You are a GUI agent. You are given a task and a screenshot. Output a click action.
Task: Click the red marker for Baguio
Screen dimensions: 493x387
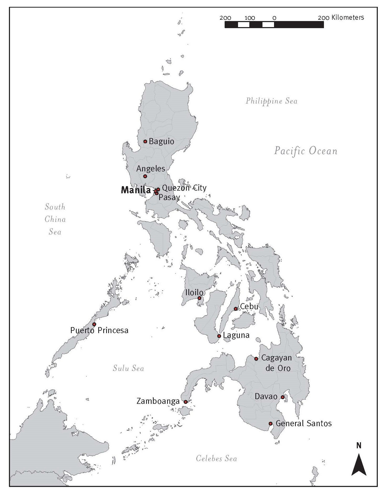click(x=145, y=141)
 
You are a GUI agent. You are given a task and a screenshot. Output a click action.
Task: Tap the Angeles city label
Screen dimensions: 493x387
click(x=151, y=169)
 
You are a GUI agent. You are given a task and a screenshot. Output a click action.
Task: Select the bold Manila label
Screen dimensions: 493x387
click(x=136, y=190)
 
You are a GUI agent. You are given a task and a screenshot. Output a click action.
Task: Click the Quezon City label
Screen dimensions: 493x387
click(x=184, y=188)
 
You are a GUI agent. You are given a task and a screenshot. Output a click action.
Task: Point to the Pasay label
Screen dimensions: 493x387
click(x=169, y=197)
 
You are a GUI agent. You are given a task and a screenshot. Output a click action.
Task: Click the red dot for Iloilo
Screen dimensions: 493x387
click(x=199, y=298)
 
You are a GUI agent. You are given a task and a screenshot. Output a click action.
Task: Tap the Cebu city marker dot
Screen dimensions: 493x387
click(x=236, y=309)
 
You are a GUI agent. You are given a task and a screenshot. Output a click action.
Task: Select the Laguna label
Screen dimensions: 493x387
click(x=236, y=335)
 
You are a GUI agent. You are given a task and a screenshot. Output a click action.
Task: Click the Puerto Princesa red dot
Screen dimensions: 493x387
click(x=94, y=324)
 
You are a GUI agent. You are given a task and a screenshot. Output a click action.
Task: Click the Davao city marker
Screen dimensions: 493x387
click(x=282, y=397)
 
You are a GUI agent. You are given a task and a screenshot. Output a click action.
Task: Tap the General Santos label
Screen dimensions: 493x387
click(x=303, y=423)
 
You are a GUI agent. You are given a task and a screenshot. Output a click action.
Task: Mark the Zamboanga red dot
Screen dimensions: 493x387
click(x=185, y=402)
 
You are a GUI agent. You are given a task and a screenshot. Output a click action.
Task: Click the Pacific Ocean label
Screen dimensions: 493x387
click(x=306, y=151)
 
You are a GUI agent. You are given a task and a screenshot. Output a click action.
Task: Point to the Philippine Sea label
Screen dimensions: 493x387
click(x=271, y=101)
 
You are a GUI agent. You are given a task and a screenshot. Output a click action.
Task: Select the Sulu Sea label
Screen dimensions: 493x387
click(x=128, y=368)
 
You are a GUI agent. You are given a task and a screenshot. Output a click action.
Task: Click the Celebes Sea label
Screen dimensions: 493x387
click(x=216, y=459)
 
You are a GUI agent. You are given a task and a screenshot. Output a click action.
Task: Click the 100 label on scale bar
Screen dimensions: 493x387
click(x=250, y=18)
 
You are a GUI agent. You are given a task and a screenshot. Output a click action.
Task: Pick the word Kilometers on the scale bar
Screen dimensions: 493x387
click(x=348, y=18)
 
